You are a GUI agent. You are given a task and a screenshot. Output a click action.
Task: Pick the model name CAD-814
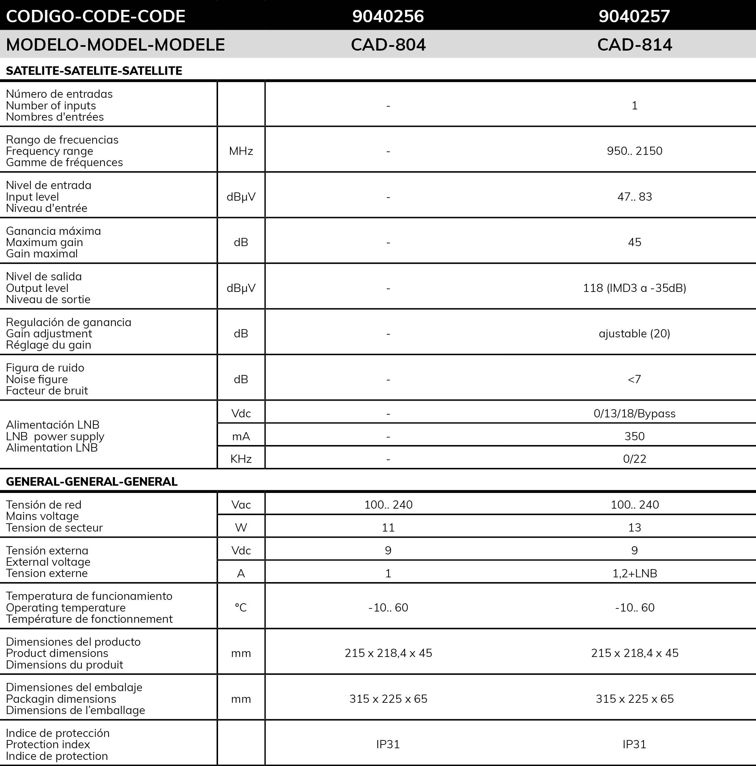634,44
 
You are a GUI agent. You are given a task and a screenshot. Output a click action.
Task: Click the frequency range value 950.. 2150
634,151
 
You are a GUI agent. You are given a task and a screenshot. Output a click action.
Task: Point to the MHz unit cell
241,151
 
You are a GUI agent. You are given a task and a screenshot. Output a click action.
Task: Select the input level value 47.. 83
634,197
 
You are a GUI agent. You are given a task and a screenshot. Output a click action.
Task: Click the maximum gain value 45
634,242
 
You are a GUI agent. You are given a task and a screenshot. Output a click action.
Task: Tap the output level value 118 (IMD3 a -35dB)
634,288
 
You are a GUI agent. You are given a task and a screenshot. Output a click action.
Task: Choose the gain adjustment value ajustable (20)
634,334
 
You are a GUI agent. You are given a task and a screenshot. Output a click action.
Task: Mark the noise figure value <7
634,379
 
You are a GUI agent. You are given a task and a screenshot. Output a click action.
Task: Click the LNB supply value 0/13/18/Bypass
634,414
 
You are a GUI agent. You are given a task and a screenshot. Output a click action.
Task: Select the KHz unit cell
241,459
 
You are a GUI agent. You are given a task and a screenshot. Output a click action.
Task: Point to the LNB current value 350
634,436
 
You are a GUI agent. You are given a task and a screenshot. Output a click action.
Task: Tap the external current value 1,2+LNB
634,573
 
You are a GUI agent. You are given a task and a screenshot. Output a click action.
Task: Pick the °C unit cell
241,607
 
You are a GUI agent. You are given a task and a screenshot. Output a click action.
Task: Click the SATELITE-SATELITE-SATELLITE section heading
94,70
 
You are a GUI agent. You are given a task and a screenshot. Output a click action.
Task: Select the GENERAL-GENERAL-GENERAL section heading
92,481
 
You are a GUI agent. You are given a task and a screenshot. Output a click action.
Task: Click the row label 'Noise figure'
37,379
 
